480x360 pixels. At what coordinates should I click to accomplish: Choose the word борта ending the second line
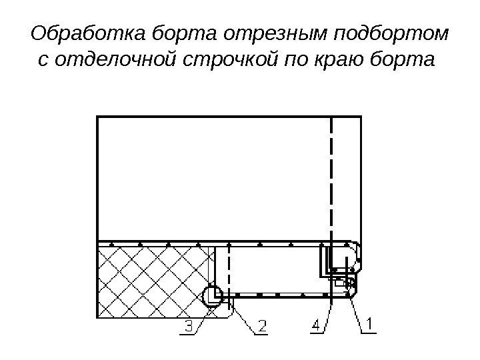[x=402, y=61]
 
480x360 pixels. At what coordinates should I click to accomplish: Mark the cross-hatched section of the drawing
[x=153, y=280]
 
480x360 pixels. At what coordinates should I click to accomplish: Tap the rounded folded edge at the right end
[x=357, y=257]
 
